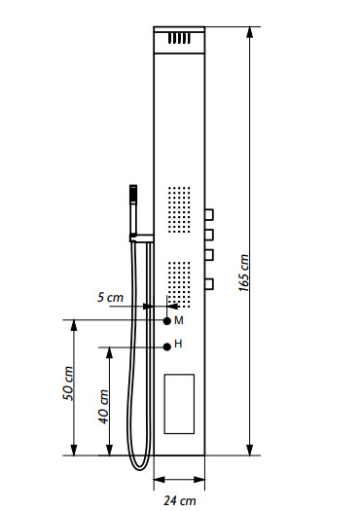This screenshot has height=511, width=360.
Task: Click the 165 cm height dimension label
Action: coord(243,273)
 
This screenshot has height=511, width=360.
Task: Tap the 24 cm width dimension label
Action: coord(180,500)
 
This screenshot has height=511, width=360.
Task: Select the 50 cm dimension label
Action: coord(68,383)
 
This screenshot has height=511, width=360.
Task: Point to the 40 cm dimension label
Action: coord(103,407)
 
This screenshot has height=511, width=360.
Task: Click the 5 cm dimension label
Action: coord(111,297)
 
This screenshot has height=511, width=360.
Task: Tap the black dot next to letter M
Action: coord(167,321)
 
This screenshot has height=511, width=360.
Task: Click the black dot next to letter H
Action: coord(167,347)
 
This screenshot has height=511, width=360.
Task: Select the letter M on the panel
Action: coord(179,320)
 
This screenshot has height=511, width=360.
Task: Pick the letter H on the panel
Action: coord(178,344)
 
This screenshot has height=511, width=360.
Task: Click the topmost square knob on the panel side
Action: coord(209,215)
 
